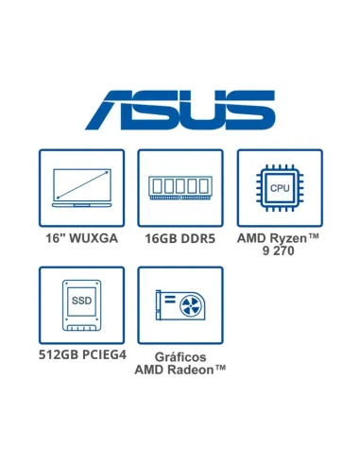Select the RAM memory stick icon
[x=180, y=186]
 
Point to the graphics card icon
[x=180, y=305]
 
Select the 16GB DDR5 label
[x=180, y=238]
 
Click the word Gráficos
[x=180, y=357]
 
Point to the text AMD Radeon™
[x=180, y=370]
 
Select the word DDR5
[x=197, y=238]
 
